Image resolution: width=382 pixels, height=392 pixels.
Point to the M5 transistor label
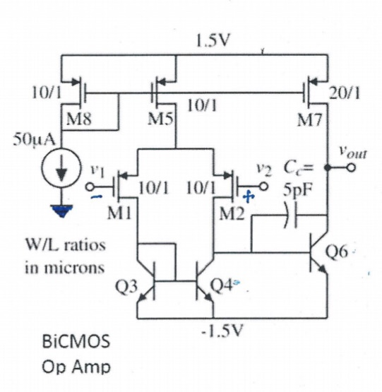click(x=157, y=119)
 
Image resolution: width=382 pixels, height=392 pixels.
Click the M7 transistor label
click(x=309, y=119)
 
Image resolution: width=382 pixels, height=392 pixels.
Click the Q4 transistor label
click(x=224, y=287)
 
